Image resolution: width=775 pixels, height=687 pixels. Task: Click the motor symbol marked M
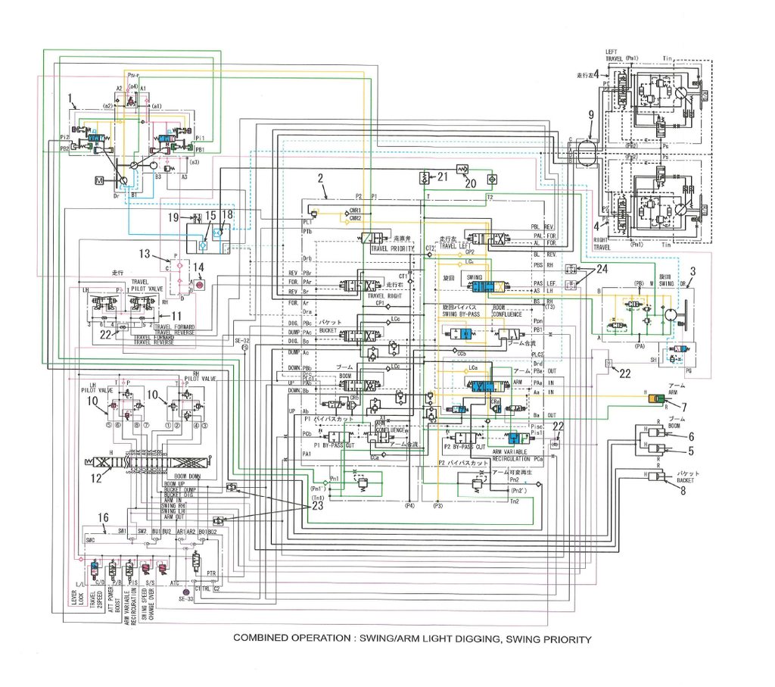99,180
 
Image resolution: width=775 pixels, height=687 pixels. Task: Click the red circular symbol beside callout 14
200,286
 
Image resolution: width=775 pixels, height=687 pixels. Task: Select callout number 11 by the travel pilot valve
176,316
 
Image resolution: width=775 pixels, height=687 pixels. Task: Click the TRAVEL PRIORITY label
393,248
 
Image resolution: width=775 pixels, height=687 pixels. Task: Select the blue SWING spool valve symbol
478,286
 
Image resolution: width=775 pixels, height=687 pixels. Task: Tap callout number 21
443,176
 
